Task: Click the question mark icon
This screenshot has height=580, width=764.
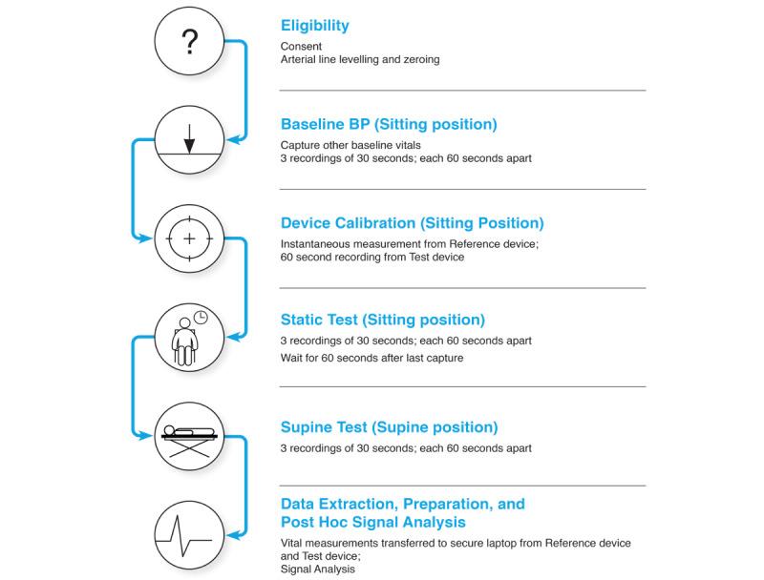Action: (189, 41)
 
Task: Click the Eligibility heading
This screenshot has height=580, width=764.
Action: (316, 25)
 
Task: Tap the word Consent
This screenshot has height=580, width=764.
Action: (302, 46)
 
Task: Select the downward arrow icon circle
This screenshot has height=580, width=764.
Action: (189, 139)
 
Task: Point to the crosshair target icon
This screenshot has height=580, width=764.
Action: (189, 238)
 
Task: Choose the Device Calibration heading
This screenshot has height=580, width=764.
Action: (412, 223)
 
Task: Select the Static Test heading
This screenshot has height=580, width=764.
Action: (382, 320)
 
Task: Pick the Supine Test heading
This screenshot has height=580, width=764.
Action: (389, 427)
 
